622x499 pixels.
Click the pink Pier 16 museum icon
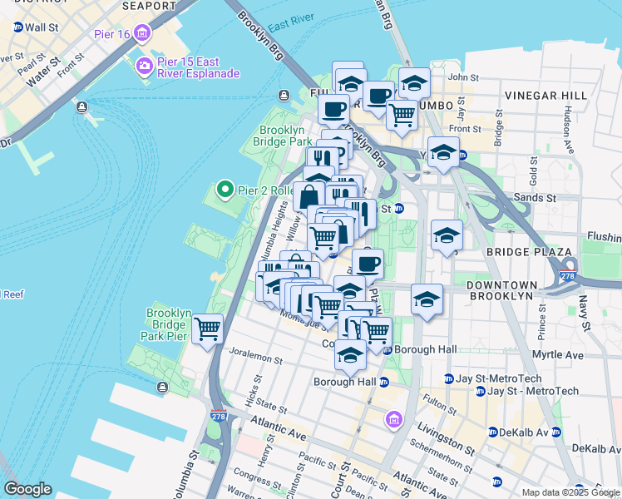pos(143,33)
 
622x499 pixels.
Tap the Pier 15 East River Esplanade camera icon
pos(144,66)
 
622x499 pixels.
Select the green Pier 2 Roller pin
pos(224,190)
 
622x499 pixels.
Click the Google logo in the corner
pos(27,489)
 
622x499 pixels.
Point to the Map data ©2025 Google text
pos(570,492)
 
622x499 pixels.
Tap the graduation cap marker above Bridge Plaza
pos(447,235)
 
